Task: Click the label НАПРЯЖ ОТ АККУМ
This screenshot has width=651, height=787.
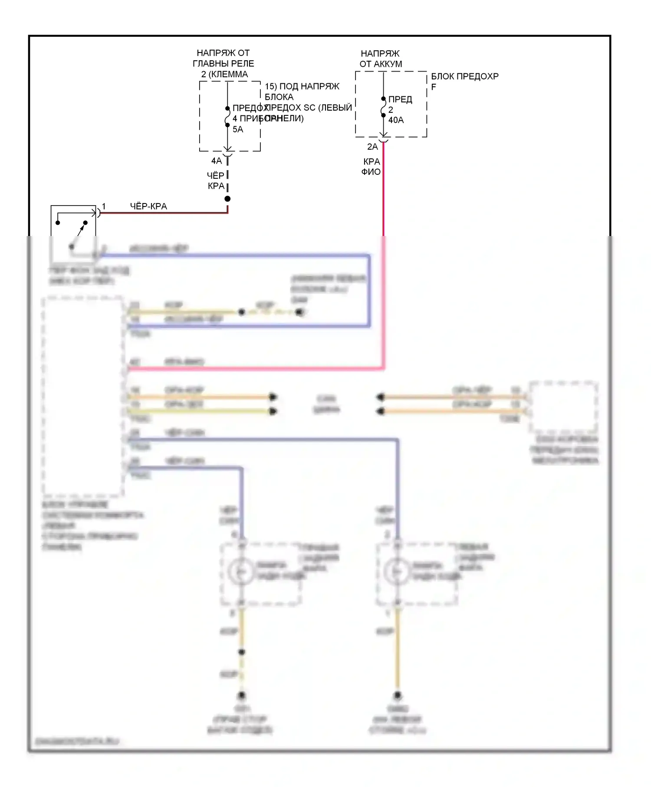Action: click(x=381, y=59)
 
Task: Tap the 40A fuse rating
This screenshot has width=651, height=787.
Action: click(x=396, y=120)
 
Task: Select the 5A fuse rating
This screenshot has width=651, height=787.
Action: click(x=238, y=129)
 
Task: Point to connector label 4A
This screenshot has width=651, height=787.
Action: click(x=216, y=161)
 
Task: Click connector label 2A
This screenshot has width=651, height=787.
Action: click(x=372, y=147)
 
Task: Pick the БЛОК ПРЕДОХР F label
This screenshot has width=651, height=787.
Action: click(x=464, y=81)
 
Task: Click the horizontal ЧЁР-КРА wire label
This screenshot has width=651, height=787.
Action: click(x=148, y=206)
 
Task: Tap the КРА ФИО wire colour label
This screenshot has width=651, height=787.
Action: click(x=371, y=167)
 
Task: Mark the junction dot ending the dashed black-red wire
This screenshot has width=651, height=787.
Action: click(x=227, y=199)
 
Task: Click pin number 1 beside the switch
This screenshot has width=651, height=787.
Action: click(x=104, y=207)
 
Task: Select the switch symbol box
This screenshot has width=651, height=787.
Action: click(x=73, y=233)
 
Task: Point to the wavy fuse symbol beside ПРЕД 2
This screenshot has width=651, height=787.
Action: click(x=383, y=107)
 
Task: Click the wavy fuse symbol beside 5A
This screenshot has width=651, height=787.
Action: click(x=227, y=117)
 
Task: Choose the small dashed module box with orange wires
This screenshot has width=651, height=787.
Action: click(x=563, y=407)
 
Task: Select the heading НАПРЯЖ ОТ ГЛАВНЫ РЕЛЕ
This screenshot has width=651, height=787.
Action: click(x=223, y=63)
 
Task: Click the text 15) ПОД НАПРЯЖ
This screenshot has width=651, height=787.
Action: click(x=302, y=86)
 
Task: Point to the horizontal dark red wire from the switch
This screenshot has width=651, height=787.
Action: click(x=165, y=213)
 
